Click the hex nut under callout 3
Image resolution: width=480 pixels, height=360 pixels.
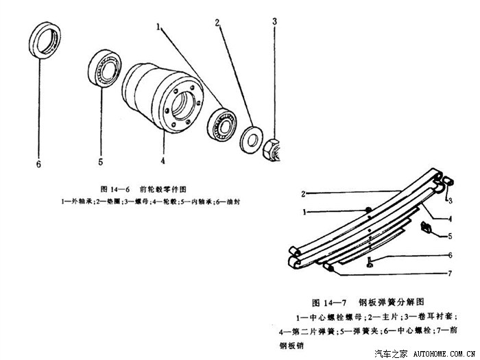270,146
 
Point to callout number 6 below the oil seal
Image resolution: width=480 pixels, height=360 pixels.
38,164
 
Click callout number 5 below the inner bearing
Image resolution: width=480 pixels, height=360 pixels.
100,163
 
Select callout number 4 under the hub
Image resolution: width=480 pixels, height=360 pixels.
163,162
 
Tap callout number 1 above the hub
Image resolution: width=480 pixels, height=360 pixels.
158,27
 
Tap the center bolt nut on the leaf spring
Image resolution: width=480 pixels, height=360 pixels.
368,210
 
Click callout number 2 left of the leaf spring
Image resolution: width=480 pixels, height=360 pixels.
302,194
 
